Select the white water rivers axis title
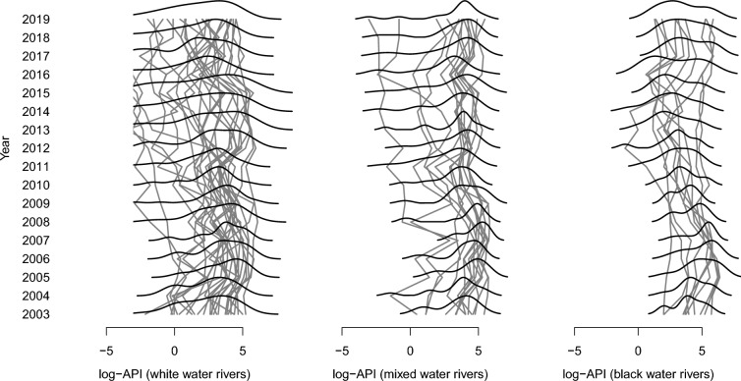pyautogui.click(x=174, y=374)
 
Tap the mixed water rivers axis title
pyautogui.click(x=410, y=374)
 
